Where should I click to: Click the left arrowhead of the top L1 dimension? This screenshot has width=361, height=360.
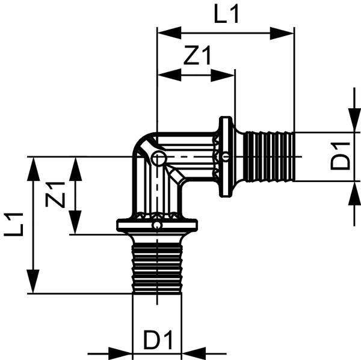pyautogui.click(x=168, y=32)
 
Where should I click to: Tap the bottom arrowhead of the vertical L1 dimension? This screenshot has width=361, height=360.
pyautogui.click(x=33, y=282)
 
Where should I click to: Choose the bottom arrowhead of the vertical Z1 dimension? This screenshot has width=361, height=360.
pyautogui.click(x=75, y=223)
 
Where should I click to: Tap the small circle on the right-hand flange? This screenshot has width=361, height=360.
pyautogui.click(x=225, y=157)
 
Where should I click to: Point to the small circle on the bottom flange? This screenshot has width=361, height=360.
pyautogui.click(x=156, y=225)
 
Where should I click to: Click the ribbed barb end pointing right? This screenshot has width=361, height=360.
pyautogui.click(x=269, y=156)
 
